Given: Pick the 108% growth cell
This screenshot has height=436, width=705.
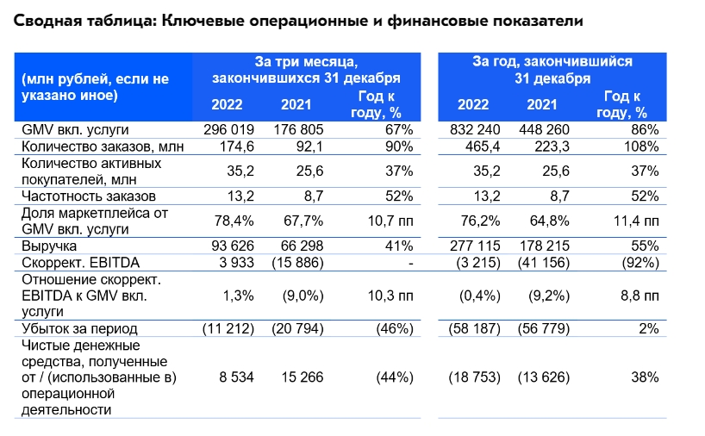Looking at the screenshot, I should coord(642,146).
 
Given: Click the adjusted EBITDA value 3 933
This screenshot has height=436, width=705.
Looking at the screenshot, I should coord(229,262).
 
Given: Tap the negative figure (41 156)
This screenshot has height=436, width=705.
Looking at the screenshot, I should coord(546,262).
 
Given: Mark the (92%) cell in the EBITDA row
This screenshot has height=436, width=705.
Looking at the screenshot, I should coord(639,262).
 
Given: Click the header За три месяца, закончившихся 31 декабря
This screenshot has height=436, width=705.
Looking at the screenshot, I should coord(306,70).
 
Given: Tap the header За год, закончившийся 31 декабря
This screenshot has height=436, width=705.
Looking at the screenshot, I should coord(552,70).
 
